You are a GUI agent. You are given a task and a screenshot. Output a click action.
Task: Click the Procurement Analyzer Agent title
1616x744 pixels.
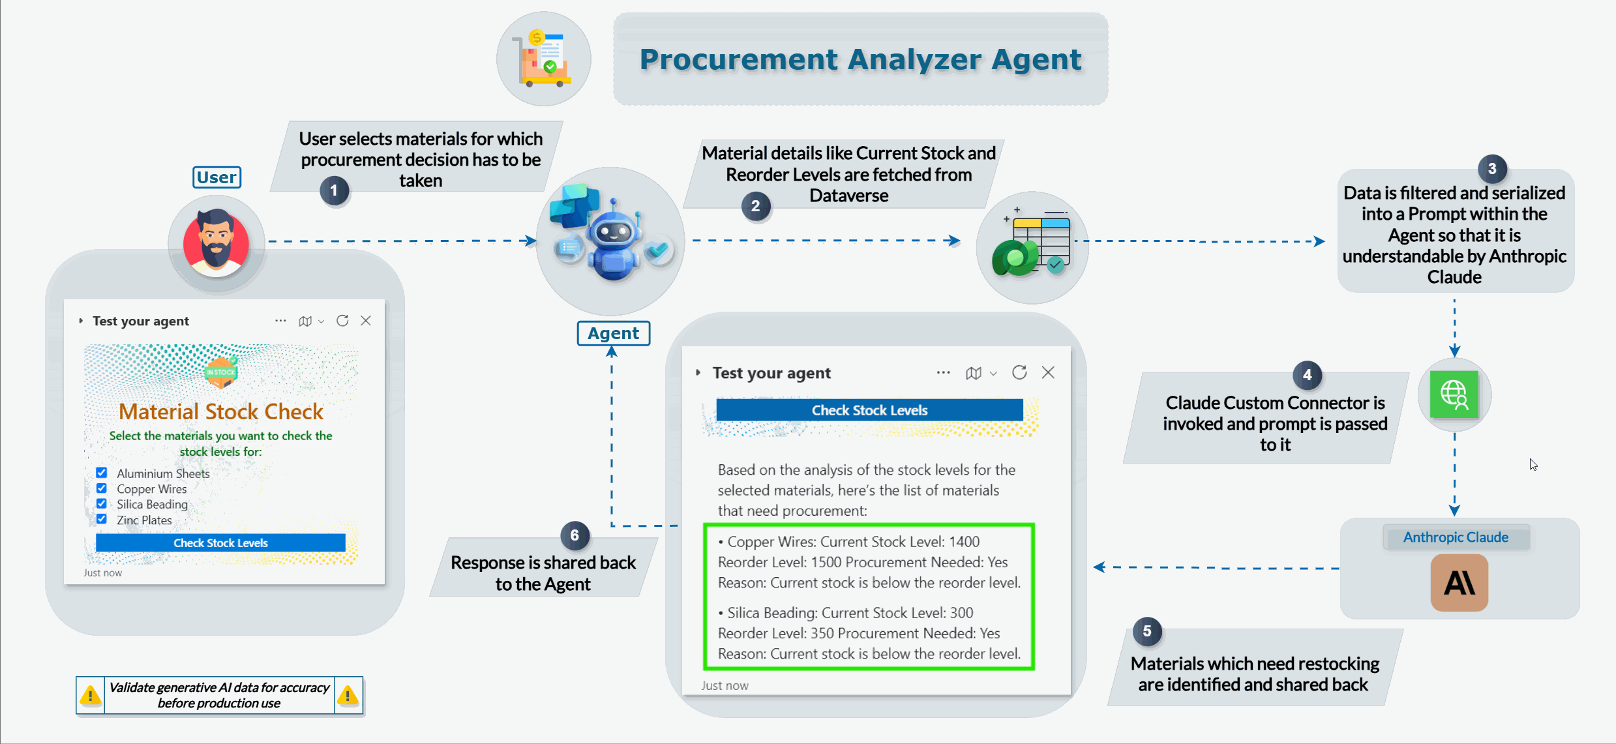[860, 60]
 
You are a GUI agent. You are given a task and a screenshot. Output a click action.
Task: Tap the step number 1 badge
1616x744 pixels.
[334, 191]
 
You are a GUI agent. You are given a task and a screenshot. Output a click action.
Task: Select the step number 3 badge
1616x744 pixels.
[1491, 169]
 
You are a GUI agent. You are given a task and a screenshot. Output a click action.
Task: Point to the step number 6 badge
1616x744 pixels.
[575, 536]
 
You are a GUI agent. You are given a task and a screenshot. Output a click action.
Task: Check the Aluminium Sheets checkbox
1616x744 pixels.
[102, 473]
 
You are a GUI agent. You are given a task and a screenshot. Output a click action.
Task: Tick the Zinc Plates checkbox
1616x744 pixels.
[102, 519]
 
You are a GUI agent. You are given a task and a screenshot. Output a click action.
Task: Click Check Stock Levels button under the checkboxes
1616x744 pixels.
[220, 543]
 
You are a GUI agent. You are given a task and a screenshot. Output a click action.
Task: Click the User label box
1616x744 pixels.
[217, 177]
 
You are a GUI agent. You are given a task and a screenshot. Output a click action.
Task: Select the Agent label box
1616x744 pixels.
[613, 333]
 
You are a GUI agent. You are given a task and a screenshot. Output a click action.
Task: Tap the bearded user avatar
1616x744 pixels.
[217, 243]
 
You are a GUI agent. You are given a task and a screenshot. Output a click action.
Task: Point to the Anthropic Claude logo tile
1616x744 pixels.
[1459, 582]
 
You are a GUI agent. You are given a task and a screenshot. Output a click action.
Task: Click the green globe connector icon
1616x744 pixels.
[1454, 394]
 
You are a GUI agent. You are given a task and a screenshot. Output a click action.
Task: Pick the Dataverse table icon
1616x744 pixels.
[1032, 247]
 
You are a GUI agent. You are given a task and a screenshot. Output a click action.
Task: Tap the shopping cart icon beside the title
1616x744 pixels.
[544, 59]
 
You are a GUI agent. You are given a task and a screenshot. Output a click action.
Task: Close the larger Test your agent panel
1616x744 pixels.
[1048, 372]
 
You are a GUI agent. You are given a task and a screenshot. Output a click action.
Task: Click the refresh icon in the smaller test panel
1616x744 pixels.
[342, 321]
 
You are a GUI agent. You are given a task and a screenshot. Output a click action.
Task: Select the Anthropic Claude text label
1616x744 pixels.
[1456, 537]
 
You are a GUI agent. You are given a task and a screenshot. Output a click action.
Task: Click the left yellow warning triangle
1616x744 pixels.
[90, 696]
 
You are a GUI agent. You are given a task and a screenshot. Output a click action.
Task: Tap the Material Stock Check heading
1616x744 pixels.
[221, 411]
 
